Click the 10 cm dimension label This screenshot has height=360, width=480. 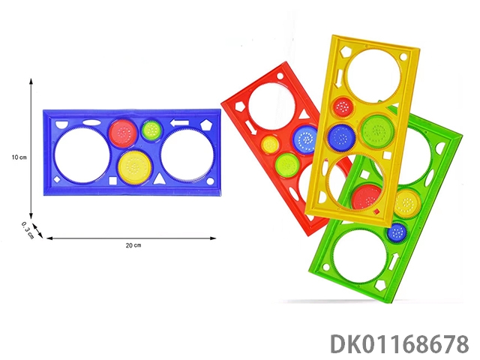tap(19, 157)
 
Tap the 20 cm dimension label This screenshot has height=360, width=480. tap(133, 245)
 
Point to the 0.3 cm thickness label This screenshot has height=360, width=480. tap(28, 230)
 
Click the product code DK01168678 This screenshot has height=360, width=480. tap(400, 344)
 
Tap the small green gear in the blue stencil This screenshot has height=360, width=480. tap(151, 130)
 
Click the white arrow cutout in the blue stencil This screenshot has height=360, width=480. tap(179, 123)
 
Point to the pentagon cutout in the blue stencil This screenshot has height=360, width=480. tap(205, 125)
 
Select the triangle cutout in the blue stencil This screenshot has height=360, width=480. tap(159, 179)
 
